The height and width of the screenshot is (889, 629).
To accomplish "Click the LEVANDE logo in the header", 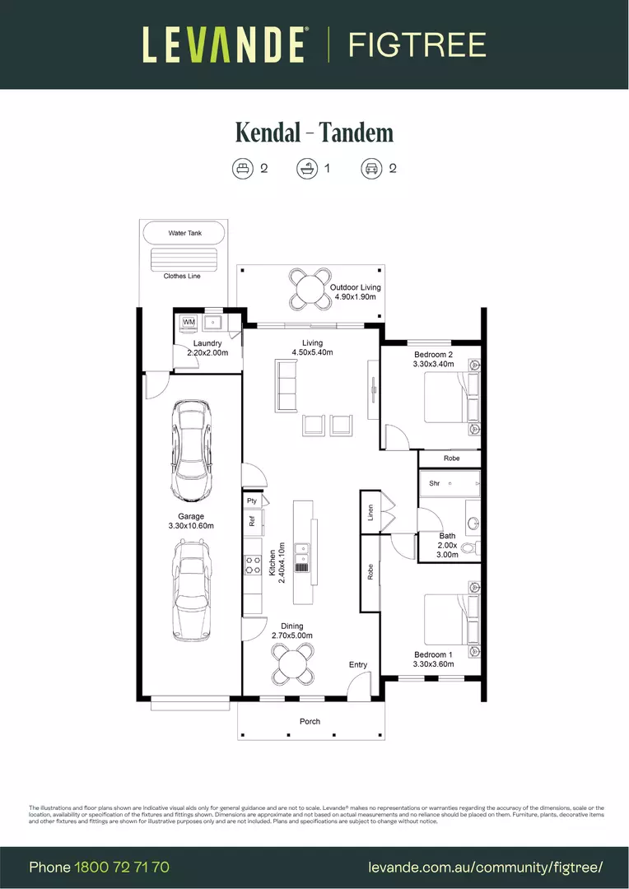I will [225, 44].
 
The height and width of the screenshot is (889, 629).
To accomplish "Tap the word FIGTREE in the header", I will [417, 44].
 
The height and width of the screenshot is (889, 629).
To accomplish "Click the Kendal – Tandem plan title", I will [314, 133].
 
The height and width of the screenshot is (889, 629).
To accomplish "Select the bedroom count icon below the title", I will [242, 169].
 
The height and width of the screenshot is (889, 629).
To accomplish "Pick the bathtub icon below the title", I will [307, 169].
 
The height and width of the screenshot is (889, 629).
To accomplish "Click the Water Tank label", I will [184, 234].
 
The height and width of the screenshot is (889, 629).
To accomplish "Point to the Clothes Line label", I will [182, 276].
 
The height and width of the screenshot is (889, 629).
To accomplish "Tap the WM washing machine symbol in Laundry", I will [189, 321].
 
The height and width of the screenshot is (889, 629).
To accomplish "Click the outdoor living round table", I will [309, 288].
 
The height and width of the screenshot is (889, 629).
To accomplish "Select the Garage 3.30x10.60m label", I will [190, 521].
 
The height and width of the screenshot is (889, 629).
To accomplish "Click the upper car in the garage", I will [190, 450].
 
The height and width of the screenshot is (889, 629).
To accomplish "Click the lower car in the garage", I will [190, 589].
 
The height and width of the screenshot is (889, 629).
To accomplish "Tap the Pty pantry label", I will [252, 500].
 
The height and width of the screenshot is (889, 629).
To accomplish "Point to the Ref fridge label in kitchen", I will [252, 520].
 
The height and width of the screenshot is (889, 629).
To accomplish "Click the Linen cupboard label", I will [370, 513].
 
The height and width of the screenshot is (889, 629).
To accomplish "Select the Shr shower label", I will [435, 483].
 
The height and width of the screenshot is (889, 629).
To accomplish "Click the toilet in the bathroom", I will [470, 547].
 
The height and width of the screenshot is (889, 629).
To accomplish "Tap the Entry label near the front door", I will [358, 664].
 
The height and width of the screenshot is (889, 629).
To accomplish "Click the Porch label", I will [310, 721].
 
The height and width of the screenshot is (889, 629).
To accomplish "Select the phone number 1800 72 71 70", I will [122, 867].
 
